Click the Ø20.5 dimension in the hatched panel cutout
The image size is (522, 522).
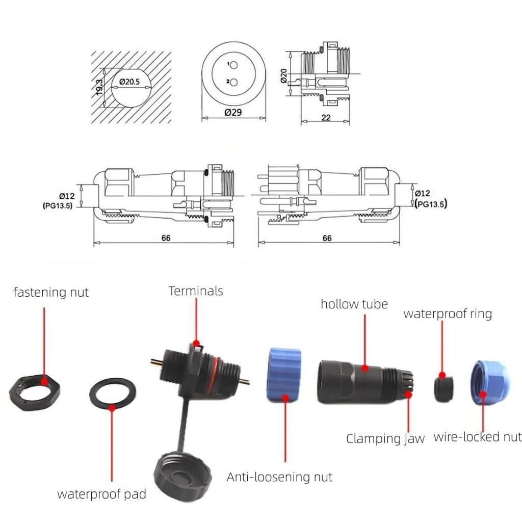point(129,82)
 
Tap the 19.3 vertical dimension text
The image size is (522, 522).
point(99,87)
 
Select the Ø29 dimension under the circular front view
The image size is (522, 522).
point(233,113)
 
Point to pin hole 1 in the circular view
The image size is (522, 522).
point(233,65)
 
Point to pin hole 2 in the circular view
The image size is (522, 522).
point(233,82)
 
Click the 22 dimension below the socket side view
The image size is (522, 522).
point(326,118)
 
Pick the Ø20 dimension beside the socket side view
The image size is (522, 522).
point(283,76)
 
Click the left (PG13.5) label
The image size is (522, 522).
point(57,206)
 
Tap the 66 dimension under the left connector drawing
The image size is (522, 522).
point(166,238)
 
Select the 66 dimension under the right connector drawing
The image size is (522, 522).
point(327,238)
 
